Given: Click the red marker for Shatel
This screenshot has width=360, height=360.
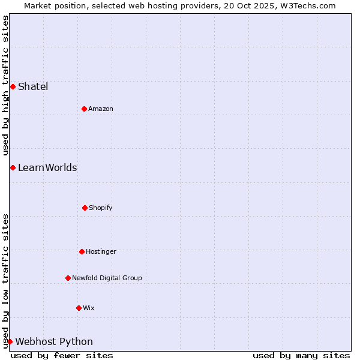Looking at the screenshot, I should click(13, 86).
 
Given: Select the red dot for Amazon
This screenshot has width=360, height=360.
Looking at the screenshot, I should click(84, 109).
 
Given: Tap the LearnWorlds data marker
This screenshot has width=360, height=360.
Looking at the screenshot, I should click(13, 167).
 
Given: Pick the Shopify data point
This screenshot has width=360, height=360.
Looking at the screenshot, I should click(85, 208).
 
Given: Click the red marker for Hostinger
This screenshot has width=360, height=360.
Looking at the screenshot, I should click(82, 251).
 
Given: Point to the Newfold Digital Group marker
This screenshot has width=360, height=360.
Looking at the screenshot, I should click(68, 278).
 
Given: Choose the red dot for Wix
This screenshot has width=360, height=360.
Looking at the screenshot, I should click(79, 308).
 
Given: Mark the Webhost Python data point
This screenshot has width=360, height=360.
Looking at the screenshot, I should click(10, 341).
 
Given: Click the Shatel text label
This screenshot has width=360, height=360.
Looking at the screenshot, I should click(33, 86).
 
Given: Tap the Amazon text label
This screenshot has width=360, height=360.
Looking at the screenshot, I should click(101, 109).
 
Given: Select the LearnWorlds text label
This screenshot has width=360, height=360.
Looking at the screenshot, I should click(47, 167).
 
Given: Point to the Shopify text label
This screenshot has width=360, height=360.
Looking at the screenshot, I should click(101, 208).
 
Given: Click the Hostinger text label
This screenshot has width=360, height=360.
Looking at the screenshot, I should click(101, 251).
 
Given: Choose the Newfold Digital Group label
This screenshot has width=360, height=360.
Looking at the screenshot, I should click(107, 278).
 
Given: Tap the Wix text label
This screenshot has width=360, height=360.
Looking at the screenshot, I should click(89, 308).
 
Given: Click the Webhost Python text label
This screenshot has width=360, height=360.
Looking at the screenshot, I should click(54, 341).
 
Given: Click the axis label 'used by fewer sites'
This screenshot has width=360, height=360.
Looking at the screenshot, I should click(62, 355).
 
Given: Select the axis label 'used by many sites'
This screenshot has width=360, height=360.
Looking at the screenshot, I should click(301, 355).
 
